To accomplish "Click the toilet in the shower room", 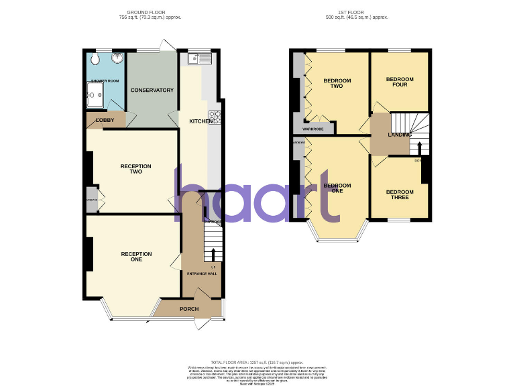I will coord(95,59).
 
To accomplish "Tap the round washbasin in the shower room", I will coord(117,58).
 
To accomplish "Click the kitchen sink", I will coord(195,59).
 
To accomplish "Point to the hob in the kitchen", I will coord(215,117).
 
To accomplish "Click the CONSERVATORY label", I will coord(152,90).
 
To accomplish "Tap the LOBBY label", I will coord(105,121).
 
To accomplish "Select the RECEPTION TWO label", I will coord(136,169).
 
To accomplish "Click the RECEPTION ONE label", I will coord(136,257).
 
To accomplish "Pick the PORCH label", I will coord(189,309).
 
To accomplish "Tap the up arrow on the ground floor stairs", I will coord(213,255).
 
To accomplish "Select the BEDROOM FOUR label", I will coord(400,82).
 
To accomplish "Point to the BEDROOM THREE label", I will coord(400,195).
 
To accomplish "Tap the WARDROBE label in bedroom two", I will coord(313,129).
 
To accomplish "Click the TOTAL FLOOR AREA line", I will coord(257,362).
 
